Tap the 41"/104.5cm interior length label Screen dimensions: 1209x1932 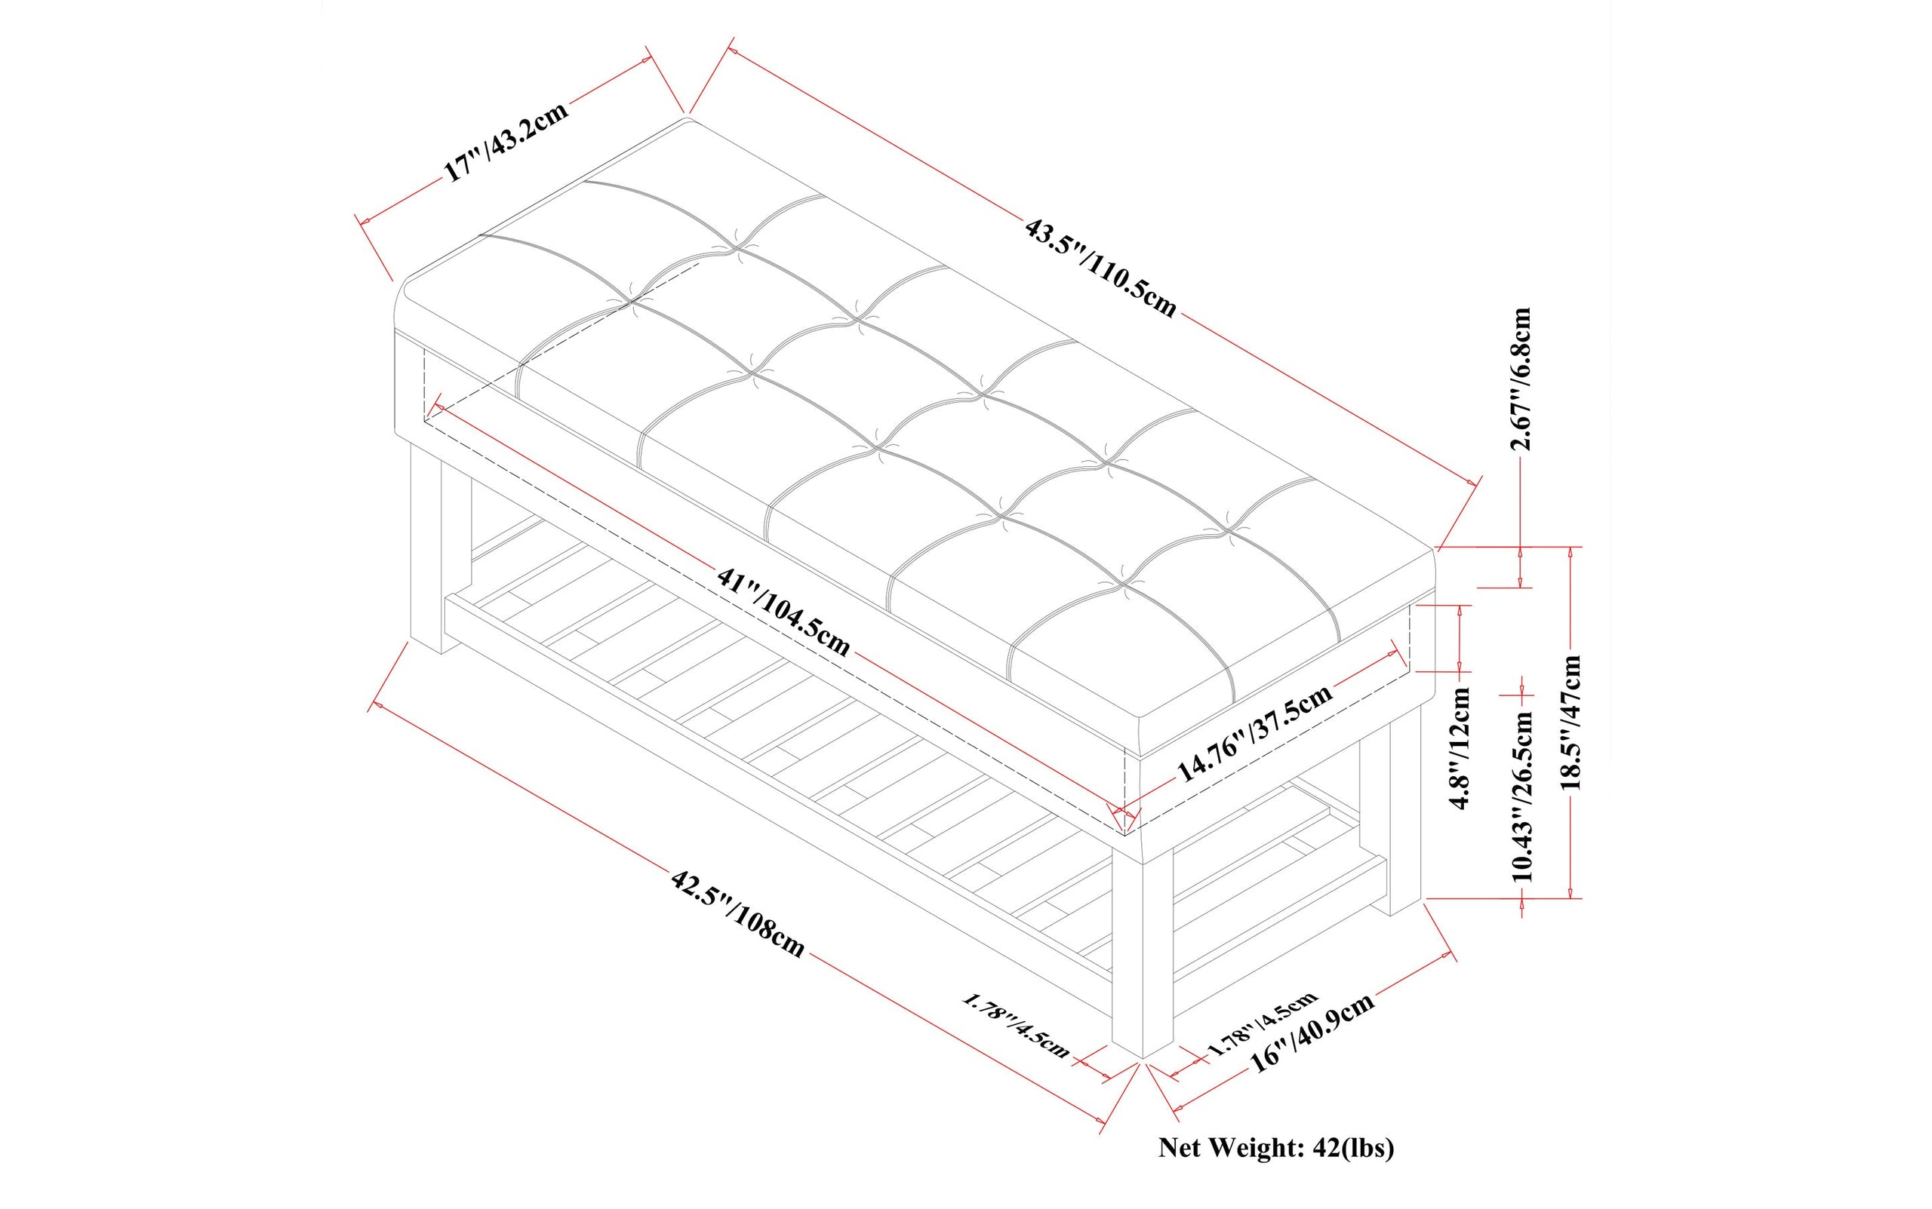tap(783, 612)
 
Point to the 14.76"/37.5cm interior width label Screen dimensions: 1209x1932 tap(1254, 732)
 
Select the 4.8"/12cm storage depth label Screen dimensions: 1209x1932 tap(1462, 748)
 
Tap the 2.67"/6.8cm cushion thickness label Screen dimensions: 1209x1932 tap(1521, 379)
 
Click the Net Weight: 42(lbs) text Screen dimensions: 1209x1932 tap(1276, 1148)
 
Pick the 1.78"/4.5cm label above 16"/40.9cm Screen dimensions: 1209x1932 tap(1261, 1023)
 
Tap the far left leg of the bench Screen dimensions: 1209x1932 tap(426, 552)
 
